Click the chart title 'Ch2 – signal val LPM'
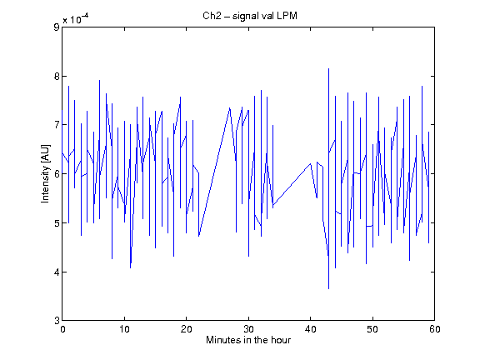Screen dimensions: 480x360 (250, 16)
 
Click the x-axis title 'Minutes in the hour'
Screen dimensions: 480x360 (248, 340)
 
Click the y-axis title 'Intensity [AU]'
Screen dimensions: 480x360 (45, 173)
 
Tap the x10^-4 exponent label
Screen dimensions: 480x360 (76, 18)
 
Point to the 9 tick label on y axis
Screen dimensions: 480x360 (57, 27)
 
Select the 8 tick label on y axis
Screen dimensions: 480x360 (57, 76)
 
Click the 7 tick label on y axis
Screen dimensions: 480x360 (57, 125)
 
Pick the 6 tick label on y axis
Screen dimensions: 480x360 (57, 174)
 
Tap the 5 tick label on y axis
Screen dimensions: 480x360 (57, 222)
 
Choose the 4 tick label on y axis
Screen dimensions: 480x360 (57, 272)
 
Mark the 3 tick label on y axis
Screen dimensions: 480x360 (57, 321)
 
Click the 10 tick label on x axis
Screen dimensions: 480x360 (124, 329)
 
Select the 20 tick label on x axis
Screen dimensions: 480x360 (186, 329)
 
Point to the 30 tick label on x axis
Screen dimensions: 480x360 (248, 329)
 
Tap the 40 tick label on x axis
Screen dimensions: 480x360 (310, 329)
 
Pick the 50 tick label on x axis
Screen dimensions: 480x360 (372, 329)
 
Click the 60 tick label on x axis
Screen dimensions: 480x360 (435, 329)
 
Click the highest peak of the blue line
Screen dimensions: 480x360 (329, 68)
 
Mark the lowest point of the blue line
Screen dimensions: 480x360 (329, 288)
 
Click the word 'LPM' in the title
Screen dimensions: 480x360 (287, 16)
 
